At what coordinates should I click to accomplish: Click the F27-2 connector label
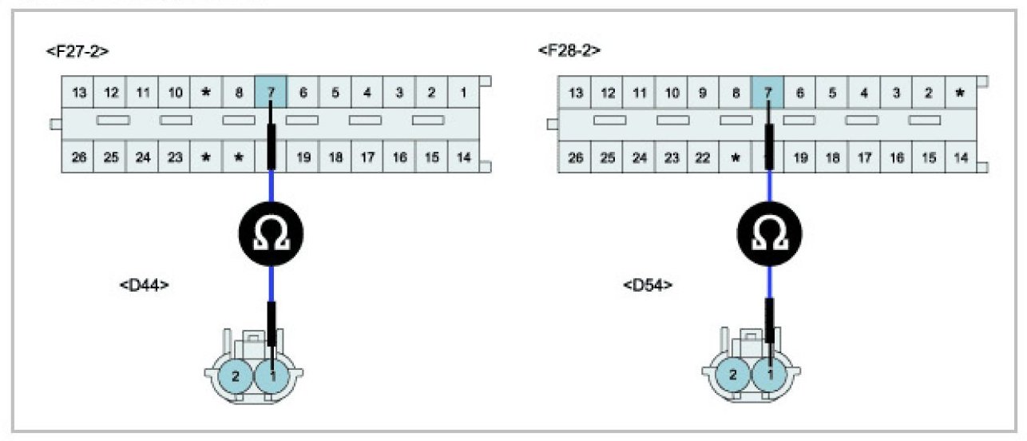77,51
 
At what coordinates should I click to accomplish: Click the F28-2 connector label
569,50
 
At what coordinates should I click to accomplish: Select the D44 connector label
145,285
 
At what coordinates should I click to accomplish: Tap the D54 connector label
648,285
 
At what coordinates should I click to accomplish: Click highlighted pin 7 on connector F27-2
271,93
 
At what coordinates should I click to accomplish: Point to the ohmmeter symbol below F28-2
769,234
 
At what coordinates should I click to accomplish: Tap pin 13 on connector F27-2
79,93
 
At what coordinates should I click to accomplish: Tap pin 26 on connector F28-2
576,158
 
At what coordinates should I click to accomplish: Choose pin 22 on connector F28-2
703,158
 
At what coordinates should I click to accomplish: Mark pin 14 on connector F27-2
463,157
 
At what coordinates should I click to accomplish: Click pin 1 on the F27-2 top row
463,93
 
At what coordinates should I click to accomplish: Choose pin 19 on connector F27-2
303,157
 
